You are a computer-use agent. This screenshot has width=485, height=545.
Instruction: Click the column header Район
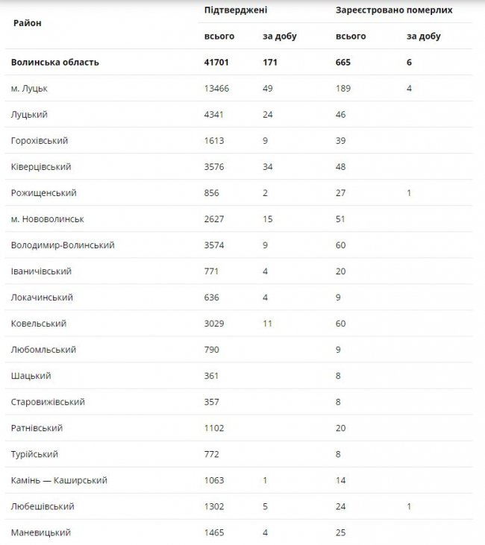coord(27,23)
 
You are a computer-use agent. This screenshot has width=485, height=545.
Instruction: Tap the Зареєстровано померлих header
coord(393,10)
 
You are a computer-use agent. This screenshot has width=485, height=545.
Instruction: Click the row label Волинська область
coord(54,63)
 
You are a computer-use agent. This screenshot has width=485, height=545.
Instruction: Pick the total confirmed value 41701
coord(217,63)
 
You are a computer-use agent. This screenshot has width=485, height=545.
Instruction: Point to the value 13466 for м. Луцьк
coord(217,89)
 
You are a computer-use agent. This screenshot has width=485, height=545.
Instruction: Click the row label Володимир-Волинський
coord(63,245)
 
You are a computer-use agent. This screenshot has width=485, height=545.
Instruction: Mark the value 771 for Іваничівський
coord(213,271)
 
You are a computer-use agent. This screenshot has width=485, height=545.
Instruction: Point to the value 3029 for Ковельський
coord(216,324)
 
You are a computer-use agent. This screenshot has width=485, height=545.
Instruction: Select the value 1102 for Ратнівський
coord(216,428)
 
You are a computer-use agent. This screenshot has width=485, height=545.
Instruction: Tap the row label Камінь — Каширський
coord(59,480)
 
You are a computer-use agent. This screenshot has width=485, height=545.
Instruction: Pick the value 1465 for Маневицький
coord(216,532)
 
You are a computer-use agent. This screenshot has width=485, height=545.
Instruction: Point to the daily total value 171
coord(269,63)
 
